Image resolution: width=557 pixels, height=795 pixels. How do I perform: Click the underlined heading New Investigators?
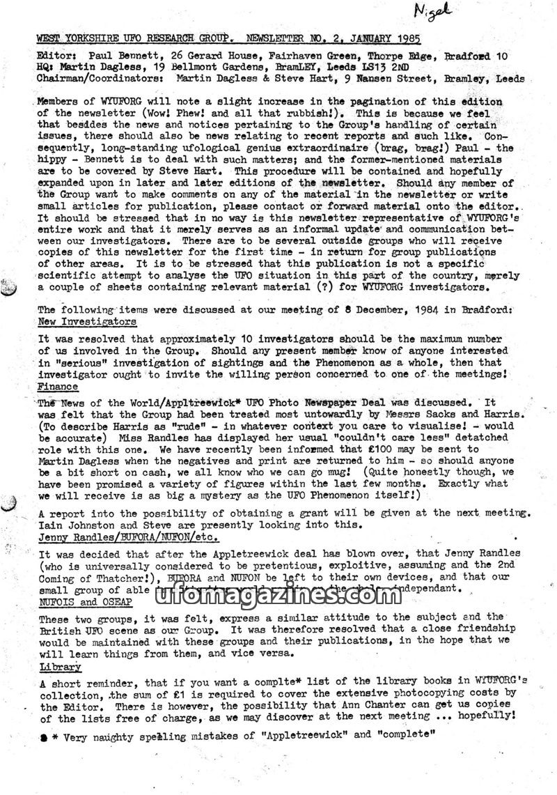87,322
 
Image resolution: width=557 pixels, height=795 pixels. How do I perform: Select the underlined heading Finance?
58,387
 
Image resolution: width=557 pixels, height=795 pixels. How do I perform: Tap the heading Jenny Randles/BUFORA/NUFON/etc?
129,537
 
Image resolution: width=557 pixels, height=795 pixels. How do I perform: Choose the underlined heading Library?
60,667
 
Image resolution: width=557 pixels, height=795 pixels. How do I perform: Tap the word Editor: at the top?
58,55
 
